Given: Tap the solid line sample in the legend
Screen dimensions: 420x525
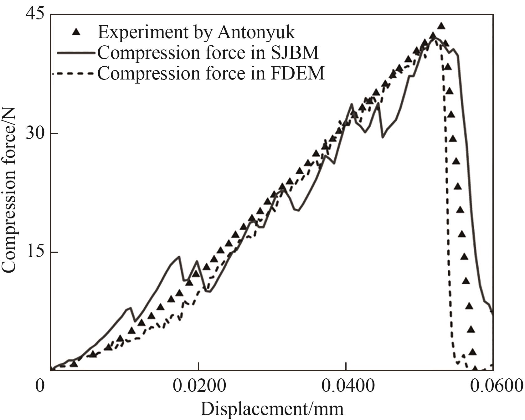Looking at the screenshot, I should tap(76, 54).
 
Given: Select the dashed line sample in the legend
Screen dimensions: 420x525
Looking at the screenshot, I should tap(74, 74).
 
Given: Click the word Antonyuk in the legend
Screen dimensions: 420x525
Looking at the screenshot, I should tap(256, 32).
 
